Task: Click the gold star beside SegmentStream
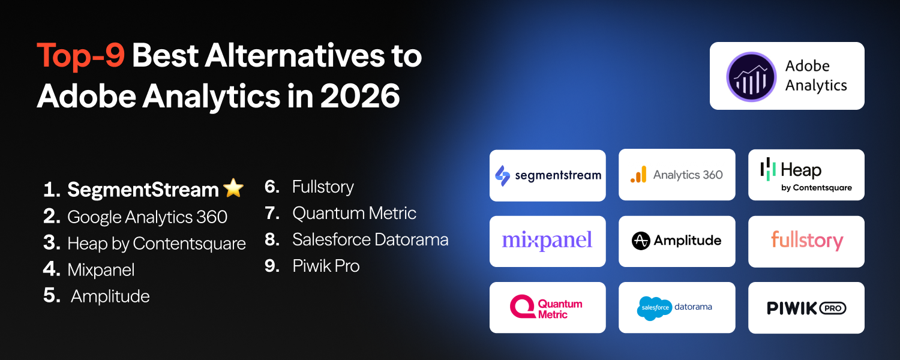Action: pos(233,188)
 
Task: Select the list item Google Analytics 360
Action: pos(147,217)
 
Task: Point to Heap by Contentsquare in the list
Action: pos(157,244)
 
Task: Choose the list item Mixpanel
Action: pos(101,270)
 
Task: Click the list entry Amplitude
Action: pos(110,296)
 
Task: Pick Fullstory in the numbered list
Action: pos(323,187)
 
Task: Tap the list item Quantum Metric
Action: pos(354,214)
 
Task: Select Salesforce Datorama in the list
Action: pos(370,240)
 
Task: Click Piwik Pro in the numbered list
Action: pos(326,266)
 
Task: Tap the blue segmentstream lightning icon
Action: pos(502,175)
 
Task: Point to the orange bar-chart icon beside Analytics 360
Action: pos(638,175)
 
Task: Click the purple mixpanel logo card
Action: pos(547,241)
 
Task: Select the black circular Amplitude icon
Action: pos(641,241)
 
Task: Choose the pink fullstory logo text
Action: pos(806,241)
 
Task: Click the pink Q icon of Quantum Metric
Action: pos(521,307)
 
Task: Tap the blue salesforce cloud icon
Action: pos(653,308)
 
